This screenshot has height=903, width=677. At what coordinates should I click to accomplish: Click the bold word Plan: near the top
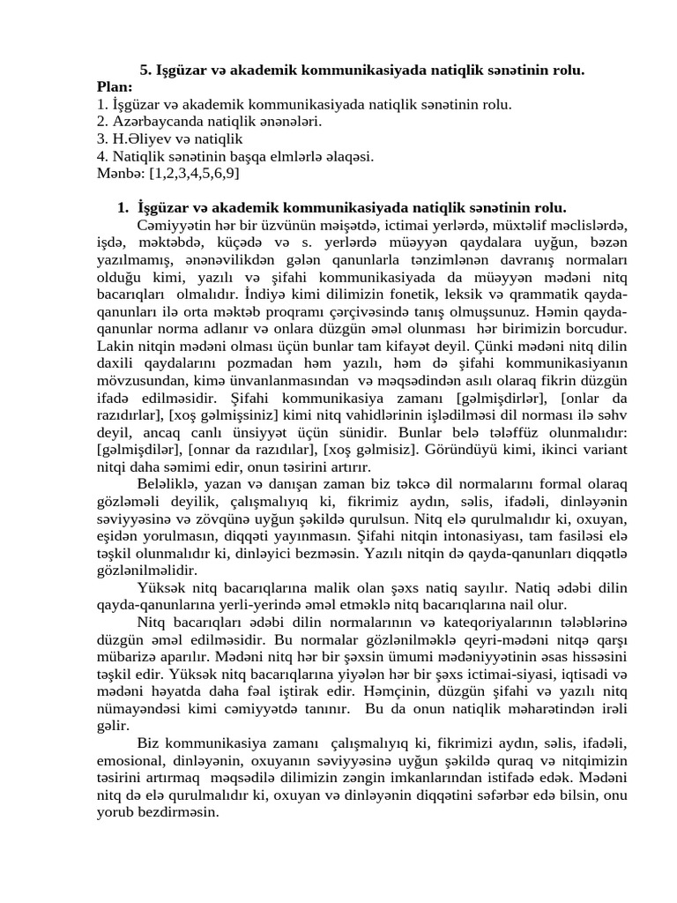click(x=115, y=87)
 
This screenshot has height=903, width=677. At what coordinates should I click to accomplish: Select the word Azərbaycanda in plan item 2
click(x=151, y=122)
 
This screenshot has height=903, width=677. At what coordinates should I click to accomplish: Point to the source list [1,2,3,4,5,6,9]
click(x=195, y=174)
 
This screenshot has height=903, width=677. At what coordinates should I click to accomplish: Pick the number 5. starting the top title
click(x=146, y=70)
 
